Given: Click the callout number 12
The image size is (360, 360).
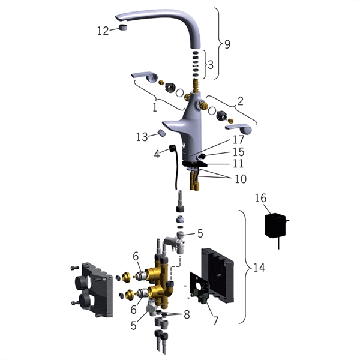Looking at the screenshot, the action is [x=103, y=31].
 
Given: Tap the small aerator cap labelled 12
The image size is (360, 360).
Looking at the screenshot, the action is [x=123, y=28].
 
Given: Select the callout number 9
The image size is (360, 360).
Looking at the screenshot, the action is [x=227, y=44].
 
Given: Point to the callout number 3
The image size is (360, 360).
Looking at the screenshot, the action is [x=211, y=65].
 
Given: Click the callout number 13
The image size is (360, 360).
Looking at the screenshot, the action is [x=142, y=137].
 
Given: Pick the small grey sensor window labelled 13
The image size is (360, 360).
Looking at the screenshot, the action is [x=162, y=133].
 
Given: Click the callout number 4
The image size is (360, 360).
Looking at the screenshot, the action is [x=157, y=154].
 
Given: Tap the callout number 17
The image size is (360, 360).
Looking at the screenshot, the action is [x=238, y=140].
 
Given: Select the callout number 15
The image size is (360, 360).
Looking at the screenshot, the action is [x=238, y=152].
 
